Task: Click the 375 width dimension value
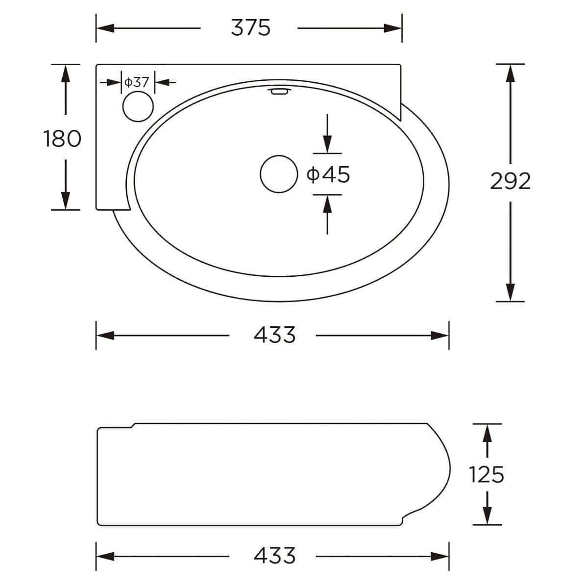[x=250, y=28]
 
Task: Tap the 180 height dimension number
[x=62, y=139]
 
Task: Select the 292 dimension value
[x=510, y=182]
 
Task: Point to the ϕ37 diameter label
[x=136, y=82]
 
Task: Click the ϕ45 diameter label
[x=328, y=174]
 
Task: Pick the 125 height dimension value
[x=486, y=474]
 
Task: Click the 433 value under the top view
[x=274, y=335]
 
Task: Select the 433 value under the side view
[x=274, y=556]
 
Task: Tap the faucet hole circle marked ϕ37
[x=138, y=107]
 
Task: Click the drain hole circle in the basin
[x=279, y=173]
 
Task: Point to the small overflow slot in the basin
[x=278, y=91]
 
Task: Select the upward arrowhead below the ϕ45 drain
[x=327, y=202]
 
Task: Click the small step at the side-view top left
[x=133, y=425]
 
